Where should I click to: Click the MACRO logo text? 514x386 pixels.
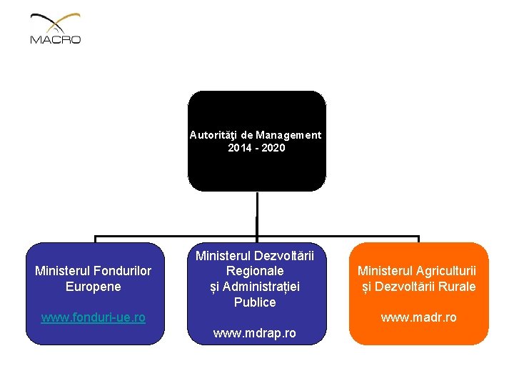point(56,40)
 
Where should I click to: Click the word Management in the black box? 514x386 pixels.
point(289,134)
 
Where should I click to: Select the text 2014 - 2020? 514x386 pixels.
point(256,148)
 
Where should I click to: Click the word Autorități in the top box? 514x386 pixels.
point(213,134)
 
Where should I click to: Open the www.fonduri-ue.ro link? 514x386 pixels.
point(94,317)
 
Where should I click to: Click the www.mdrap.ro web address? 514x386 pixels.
point(255,333)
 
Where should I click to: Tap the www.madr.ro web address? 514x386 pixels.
point(418,317)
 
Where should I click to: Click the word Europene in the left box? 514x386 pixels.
point(94,286)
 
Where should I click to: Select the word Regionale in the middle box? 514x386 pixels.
point(255,271)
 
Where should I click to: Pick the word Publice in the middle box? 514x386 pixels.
point(255,302)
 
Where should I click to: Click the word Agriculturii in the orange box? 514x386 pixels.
point(448,270)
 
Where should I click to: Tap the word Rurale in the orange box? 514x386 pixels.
point(457,286)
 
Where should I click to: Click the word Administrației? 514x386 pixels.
point(263,287)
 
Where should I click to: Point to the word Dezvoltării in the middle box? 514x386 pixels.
point(284,255)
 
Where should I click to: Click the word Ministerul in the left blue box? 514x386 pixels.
point(61,270)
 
